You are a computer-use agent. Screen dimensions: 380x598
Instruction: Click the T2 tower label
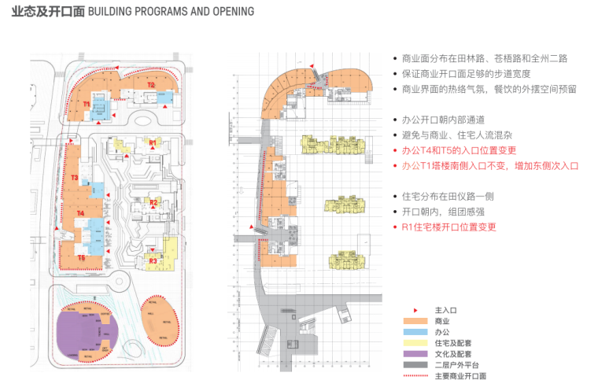tap(150, 84)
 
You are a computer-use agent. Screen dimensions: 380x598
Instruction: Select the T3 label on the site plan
tap(73, 179)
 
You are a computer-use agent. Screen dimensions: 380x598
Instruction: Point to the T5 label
tap(81, 257)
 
